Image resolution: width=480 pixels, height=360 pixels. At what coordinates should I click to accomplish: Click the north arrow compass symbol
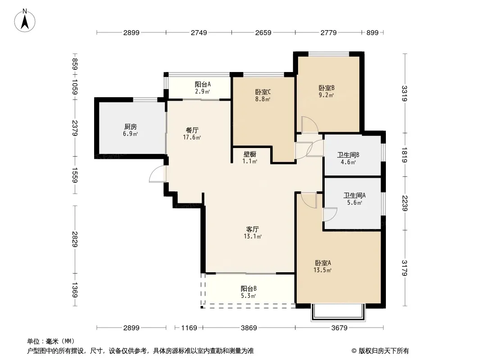click(25, 21)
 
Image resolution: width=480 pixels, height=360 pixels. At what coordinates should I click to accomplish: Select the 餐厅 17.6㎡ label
click(192, 134)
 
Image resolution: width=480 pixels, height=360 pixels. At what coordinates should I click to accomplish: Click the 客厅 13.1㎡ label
click(253, 233)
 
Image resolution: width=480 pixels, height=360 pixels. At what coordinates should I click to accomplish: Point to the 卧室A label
click(323, 263)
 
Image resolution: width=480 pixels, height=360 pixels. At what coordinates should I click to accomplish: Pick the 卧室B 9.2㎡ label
click(326, 91)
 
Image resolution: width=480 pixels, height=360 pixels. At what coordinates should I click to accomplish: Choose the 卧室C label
click(263, 92)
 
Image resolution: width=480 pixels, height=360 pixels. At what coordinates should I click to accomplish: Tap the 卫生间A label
click(354, 195)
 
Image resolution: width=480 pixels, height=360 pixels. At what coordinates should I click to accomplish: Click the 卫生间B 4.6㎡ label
click(349, 158)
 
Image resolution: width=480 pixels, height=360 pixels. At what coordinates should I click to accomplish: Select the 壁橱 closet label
click(250, 154)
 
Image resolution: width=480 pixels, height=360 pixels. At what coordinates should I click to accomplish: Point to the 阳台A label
click(203, 84)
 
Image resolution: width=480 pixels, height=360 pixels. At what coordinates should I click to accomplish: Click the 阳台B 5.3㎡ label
click(249, 292)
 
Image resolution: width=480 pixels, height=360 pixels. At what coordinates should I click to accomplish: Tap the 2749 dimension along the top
click(199, 32)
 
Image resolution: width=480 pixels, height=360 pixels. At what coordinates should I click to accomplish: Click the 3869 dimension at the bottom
click(249, 328)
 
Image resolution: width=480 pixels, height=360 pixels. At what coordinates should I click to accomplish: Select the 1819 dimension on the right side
click(405, 155)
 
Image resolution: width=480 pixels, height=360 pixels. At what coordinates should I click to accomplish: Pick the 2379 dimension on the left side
click(75, 128)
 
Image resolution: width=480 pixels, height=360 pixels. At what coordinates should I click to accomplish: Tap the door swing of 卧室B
click(309, 125)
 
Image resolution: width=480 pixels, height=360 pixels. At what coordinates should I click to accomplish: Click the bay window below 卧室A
click(338, 312)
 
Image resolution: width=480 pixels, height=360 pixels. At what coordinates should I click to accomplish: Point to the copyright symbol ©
click(354, 351)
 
